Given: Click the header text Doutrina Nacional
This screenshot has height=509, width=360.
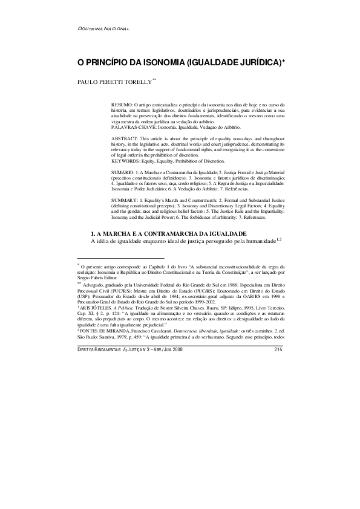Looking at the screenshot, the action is click(105, 30).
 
